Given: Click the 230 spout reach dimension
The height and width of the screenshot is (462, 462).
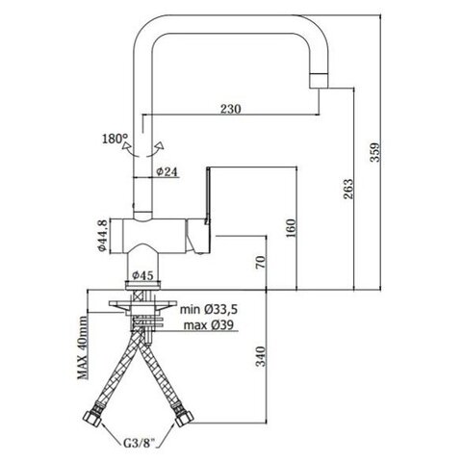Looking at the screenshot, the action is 230,109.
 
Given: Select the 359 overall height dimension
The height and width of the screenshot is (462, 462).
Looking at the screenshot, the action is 375,152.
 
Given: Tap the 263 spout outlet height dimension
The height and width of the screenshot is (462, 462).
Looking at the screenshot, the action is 347,189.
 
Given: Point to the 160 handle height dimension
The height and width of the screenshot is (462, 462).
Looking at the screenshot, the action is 291,228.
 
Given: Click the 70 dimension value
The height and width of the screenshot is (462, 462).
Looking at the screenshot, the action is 262,262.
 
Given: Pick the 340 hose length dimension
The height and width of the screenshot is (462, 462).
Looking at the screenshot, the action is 262,356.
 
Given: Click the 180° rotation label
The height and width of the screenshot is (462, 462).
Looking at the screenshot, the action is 115,139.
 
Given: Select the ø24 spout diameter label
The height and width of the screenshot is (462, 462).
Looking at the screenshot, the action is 167,171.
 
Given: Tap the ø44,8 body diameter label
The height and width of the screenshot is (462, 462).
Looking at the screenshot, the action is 102,236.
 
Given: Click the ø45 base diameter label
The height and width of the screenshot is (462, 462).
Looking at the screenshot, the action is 142,275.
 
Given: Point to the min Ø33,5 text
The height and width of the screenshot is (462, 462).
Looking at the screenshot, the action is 209,310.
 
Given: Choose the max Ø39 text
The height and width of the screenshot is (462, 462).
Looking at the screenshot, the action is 209,325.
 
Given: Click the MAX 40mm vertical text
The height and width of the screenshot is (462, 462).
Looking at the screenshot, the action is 83,347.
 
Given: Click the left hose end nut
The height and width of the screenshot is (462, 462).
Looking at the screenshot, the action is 93,417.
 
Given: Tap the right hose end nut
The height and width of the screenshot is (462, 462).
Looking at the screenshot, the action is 184,417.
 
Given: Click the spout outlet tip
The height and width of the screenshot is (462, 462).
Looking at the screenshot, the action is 320,81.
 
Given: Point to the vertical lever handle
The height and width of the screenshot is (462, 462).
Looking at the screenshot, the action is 208,195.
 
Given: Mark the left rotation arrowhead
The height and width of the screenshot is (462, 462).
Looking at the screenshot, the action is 125,147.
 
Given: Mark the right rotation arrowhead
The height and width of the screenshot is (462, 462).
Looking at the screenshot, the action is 160,146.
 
